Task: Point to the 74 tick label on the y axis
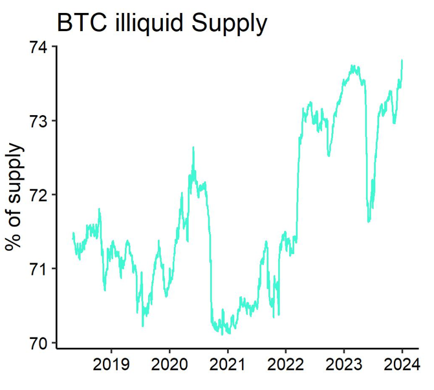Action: [41, 47]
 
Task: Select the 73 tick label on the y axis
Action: [41, 121]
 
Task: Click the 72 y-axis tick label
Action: [41, 195]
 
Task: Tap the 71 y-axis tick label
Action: [41, 268]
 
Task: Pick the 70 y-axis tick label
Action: [41, 342]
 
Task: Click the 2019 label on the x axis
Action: [111, 366]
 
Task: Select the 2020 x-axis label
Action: [169, 366]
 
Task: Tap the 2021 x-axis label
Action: [227, 366]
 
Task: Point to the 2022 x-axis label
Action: [285, 366]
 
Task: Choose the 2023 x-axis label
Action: [343, 366]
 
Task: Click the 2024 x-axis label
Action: [402, 366]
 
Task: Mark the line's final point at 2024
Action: [402, 60]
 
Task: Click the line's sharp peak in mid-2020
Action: [193, 147]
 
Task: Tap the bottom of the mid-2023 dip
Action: [369, 222]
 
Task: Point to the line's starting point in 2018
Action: [73, 239]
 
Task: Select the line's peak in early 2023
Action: [353, 65]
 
